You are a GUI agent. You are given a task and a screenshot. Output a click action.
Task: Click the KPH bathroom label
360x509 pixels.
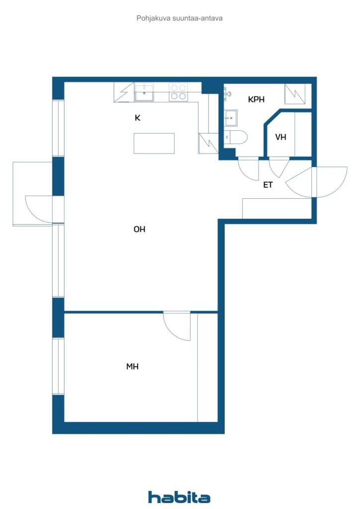(256, 99)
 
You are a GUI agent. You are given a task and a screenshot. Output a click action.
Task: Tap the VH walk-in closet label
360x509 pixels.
(281, 137)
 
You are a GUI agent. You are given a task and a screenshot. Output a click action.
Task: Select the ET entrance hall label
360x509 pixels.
(268, 185)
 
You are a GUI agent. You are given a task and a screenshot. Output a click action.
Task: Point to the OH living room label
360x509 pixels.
(139, 229)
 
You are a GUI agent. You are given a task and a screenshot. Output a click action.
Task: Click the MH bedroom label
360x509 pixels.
(132, 366)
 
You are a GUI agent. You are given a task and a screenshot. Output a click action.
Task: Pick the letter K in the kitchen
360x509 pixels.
(138, 118)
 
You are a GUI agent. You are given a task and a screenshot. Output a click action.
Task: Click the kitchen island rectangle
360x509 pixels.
(154, 143)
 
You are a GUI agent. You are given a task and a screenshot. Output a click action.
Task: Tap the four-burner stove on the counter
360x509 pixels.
(178, 92)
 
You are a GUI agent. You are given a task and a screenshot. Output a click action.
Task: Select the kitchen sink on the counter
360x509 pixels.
(144, 92)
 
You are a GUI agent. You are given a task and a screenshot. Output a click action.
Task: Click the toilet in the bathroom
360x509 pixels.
(236, 137)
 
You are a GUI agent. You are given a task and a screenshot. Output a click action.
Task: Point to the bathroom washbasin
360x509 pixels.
(231, 118)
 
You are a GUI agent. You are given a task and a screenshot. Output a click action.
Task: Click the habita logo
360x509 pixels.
(179, 497)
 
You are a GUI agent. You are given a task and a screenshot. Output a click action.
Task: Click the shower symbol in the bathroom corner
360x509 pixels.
(295, 94)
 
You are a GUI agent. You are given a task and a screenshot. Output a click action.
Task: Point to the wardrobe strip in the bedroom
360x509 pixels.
(207, 367)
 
